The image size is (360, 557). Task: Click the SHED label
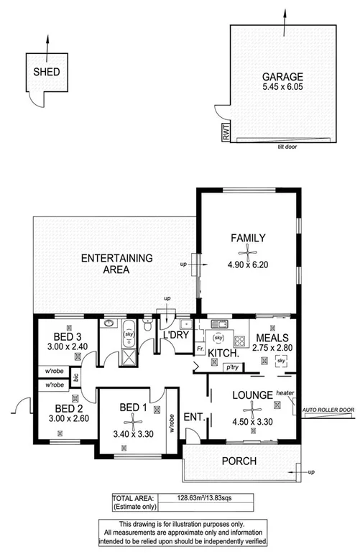pos(47,72)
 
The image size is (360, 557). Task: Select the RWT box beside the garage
pos(224,133)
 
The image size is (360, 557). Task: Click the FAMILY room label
pos(249,238)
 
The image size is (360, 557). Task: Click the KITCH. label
pos(223,353)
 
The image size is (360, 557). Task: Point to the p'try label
pos(231,367)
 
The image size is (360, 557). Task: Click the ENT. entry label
pos(192,416)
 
